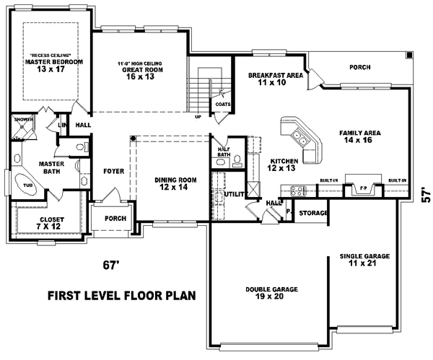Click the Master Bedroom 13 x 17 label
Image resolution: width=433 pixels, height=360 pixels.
coord(49,66)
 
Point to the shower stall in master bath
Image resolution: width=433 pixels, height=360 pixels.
coord(24,127)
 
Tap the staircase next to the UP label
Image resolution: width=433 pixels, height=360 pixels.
coord(204,87)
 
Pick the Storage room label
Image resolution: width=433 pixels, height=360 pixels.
coord(314,213)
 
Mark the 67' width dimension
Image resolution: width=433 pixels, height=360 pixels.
coord(109,265)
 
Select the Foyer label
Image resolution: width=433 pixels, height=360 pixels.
coord(113,172)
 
